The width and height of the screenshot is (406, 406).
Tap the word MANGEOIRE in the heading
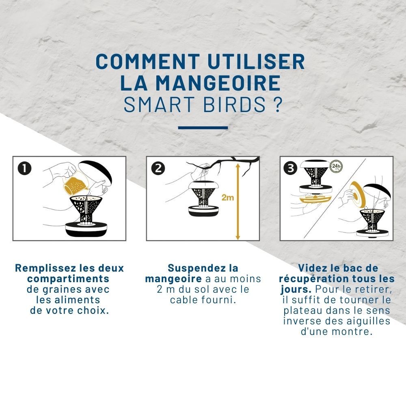pos(219,83)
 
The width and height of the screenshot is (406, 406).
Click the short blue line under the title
pos(203,127)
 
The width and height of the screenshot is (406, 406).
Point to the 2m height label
pos(227,198)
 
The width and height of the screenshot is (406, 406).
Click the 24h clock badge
pos(335,166)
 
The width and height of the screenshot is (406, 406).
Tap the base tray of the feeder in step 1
pos(86,229)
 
